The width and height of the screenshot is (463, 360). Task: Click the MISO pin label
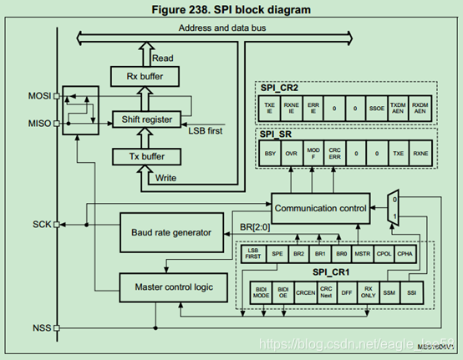pyautogui.click(x=38, y=124)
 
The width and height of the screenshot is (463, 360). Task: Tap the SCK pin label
pyautogui.click(x=40, y=225)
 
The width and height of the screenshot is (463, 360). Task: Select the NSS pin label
pyautogui.click(x=40, y=327)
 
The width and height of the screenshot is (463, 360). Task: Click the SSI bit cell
pyautogui.click(x=410, y=292)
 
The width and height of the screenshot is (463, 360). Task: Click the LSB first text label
pyautogui.click(x=206, y=131)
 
